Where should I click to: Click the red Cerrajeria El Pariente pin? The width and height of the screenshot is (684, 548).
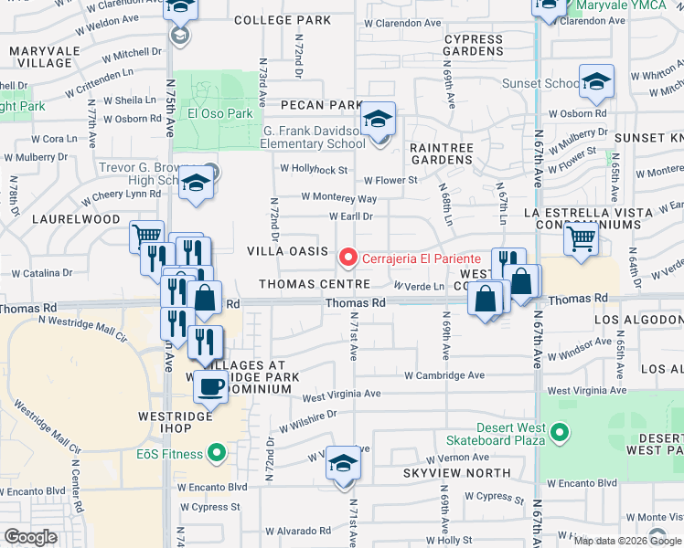pos(347,258)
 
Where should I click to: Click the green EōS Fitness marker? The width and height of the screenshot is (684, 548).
pos(217,451)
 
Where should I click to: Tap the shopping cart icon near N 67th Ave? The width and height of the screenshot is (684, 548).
pos(582,239)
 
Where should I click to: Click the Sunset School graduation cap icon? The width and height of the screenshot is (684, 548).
pos(596,83)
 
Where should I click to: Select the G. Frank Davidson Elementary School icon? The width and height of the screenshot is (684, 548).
pos(377,120)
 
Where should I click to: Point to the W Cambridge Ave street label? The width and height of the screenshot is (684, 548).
pos(445,375)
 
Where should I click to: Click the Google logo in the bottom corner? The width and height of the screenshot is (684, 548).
pos(30,537)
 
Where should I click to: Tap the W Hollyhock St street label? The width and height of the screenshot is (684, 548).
pos(314,169)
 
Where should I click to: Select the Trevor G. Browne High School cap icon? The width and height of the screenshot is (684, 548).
pos(196,184)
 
